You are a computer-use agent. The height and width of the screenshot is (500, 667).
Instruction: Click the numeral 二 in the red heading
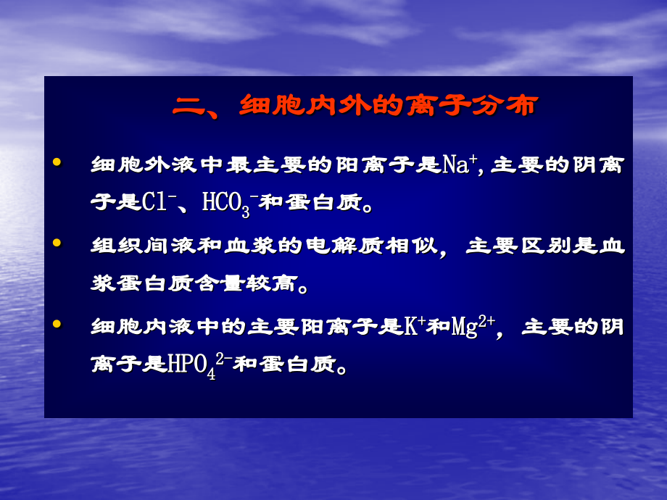pos(189,107)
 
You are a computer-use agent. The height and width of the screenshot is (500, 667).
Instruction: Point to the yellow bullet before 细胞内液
pos(57,325)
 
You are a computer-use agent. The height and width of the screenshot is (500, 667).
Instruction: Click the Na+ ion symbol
pos(458,164)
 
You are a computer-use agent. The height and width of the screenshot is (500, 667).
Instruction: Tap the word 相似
pos(415,246)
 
